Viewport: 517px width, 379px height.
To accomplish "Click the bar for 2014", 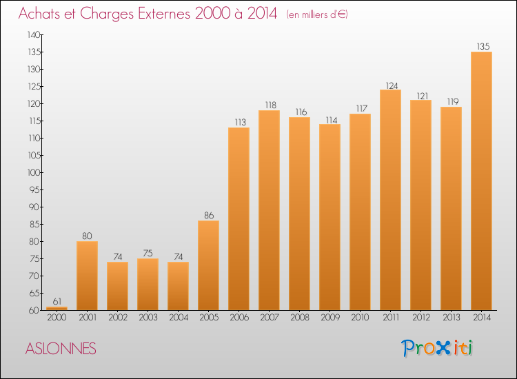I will click(481, 181).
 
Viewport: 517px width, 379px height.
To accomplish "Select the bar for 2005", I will click(208, 265).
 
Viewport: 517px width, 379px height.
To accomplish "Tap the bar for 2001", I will click(87, 276).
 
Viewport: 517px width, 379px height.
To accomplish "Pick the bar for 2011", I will click(390, 200).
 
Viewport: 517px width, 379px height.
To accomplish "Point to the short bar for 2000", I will click(57, 308).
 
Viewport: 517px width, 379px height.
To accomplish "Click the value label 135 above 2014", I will click(483, 47).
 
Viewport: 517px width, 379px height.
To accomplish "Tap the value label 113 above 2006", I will click(239, 123).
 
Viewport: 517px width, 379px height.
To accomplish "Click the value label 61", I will click(57, 301).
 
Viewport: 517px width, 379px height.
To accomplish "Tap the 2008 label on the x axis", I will click(299, 318).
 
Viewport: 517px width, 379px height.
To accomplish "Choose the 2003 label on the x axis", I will click(148, 318).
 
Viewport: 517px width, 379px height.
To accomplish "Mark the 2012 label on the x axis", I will click(420, 318).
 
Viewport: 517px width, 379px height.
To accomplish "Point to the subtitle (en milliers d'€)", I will click(316, 14).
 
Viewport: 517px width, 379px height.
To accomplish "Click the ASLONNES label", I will click(61, 348).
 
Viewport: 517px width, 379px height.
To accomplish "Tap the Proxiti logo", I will click(437, 348).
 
